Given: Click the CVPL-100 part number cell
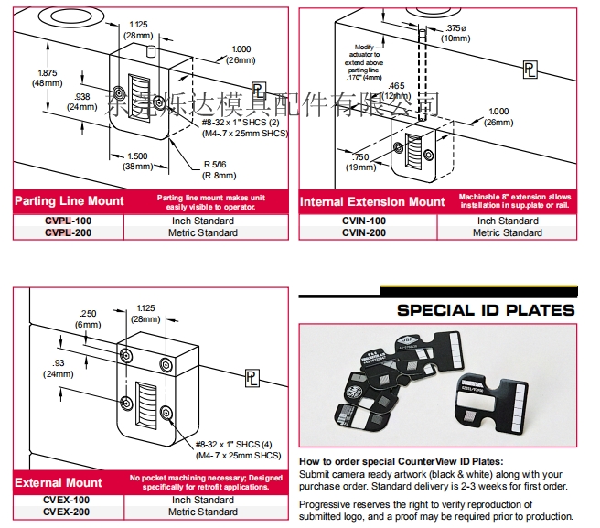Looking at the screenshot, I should click(x=68, y=221).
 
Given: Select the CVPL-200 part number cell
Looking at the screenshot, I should click(x=68, y=232).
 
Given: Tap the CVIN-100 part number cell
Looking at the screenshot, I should click(x=364, y=221).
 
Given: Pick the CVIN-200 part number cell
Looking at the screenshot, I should click(x=364, y=232).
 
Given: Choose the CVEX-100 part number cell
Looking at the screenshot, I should click(x=68, y=500).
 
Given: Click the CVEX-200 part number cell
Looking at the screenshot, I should click(x=68, y=512).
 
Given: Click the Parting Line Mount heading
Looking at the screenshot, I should click(x=69, y=201).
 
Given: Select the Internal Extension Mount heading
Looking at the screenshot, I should click(x=372, y=201).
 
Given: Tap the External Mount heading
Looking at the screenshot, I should click(x=58, y=481).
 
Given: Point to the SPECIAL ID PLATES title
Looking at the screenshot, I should click(x=486, y=310).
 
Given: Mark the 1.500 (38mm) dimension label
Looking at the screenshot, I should click(x=137, y=161).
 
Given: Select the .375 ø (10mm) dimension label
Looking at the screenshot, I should click(x=455, y=33).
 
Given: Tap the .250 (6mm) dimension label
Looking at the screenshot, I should click(x=88, y=319).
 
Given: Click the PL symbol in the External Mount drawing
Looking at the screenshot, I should click(x=250, y=377).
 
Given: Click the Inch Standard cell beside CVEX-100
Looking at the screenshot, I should click(x=203, y=500).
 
